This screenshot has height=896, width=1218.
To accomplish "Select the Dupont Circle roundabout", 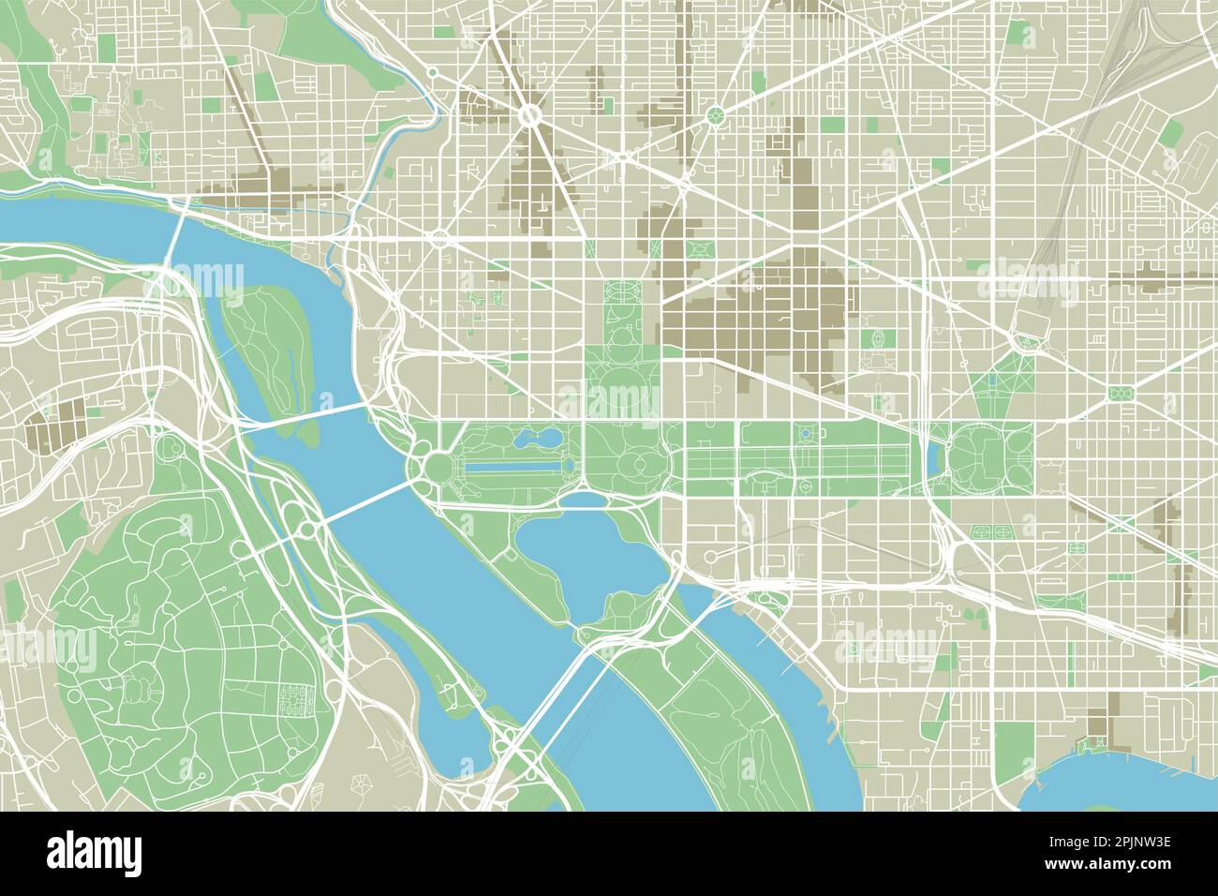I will [529, 116].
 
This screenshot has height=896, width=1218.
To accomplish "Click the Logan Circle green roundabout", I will [715, 116].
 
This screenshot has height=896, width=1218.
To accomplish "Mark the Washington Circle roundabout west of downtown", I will [439, 238].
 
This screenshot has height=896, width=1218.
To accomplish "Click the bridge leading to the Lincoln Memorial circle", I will [361, 504].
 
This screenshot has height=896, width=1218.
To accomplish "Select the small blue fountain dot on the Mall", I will [805, 433].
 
